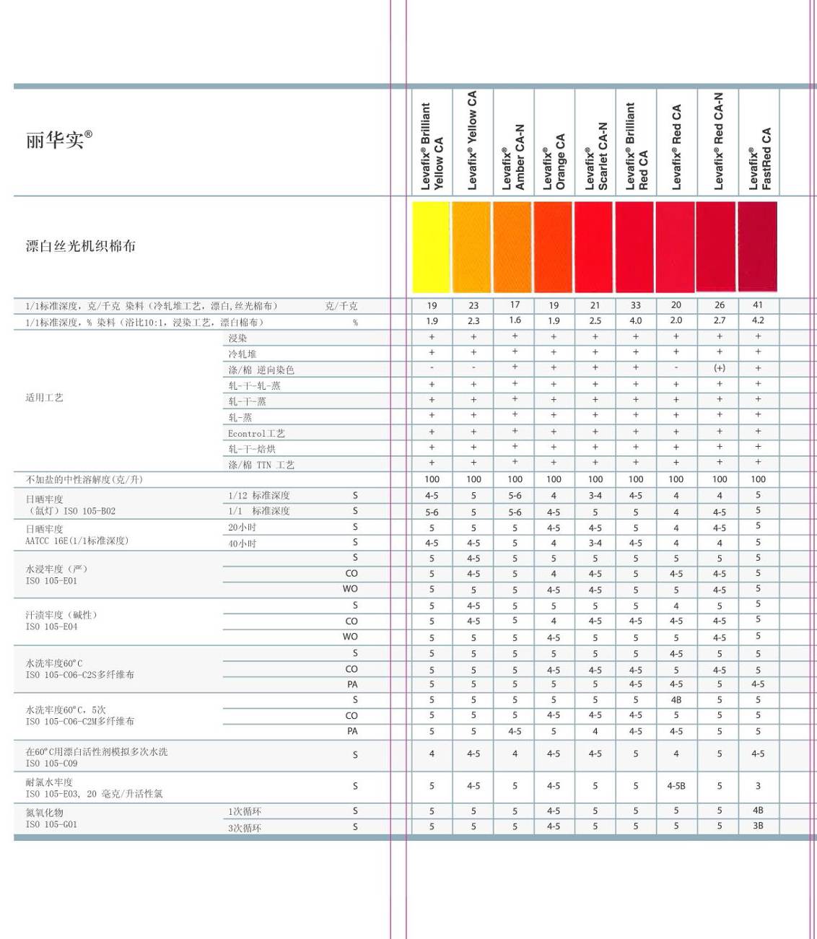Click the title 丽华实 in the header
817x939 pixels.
pos(58,139)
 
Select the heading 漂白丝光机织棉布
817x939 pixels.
pos(80,246)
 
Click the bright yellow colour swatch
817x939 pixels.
pos(431,247)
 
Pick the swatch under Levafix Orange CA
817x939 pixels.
pos(553,247)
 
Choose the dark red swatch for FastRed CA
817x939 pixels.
pos(757,247)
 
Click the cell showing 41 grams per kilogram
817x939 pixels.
pos(758,305)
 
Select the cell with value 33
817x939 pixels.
pos(635,305)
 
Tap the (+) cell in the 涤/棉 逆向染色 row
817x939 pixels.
pos(719,368)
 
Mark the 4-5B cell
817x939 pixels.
pos(676,786)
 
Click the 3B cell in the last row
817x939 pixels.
pos(758,826)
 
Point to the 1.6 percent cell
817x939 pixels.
pos(515,320)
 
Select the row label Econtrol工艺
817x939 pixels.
pos(256,433)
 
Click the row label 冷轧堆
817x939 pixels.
pos(243,354)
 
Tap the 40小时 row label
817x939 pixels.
pos(243,543)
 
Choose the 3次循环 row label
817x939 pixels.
pos(245,827)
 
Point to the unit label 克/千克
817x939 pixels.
pos(341,306)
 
